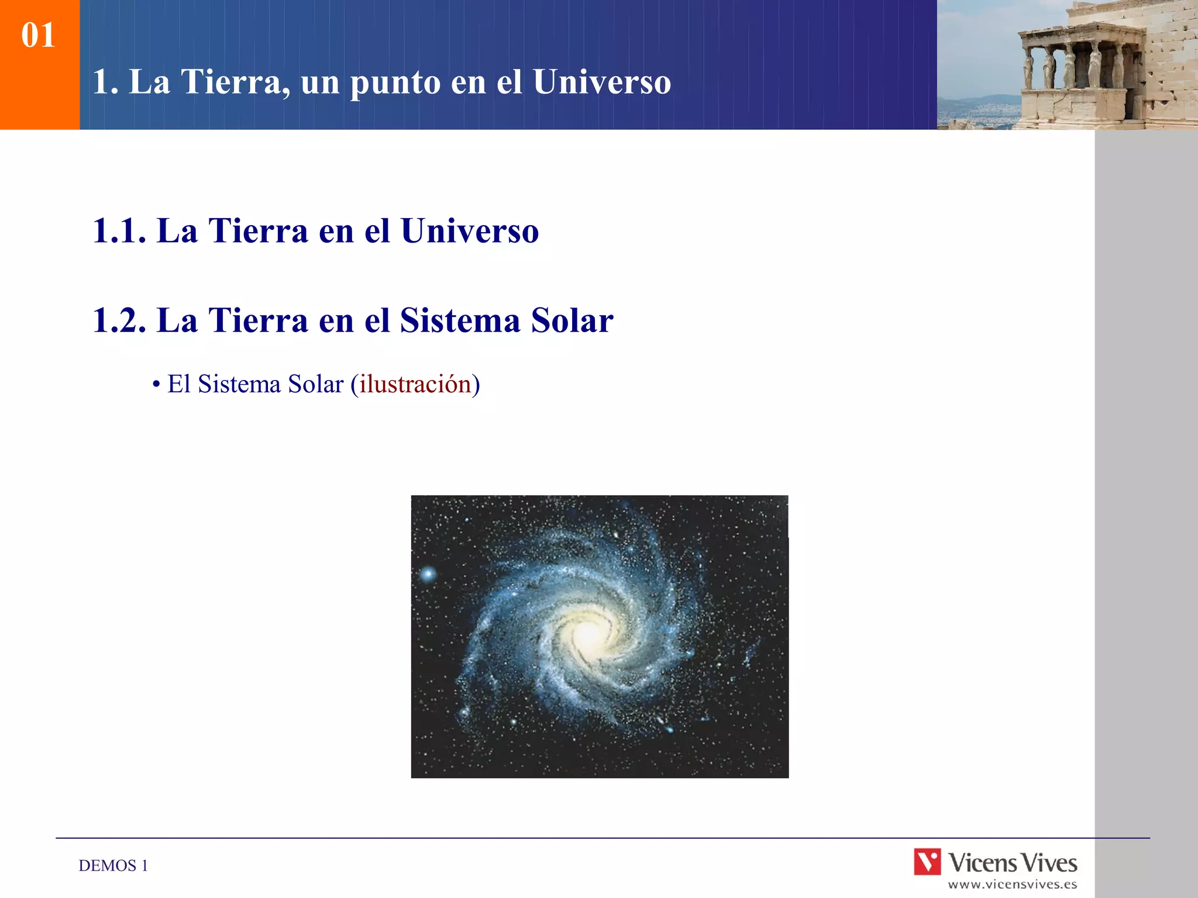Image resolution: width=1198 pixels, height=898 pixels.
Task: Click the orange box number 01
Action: pos(38,35)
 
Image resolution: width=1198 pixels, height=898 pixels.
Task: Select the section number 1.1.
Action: pos(119,230)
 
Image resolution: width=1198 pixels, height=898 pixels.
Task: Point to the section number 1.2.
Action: pos(119,320)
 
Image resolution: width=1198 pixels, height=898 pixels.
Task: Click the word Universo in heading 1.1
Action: pos(470,230)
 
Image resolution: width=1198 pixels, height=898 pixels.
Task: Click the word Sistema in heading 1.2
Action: pos(460,320)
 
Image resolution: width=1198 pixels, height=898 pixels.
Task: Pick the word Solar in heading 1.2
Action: pos(572,320)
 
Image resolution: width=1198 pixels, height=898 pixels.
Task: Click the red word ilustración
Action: pos(415,384)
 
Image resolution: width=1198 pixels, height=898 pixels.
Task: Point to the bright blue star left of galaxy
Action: pos(428,574)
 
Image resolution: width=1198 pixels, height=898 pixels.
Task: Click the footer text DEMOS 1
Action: pos(113,866)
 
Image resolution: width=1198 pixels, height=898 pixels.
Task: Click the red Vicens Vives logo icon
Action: pos(928,861)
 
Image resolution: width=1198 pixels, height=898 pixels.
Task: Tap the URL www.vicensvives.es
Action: pos(1013,885)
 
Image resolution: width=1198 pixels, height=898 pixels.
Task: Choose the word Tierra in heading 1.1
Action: pos(259,230)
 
